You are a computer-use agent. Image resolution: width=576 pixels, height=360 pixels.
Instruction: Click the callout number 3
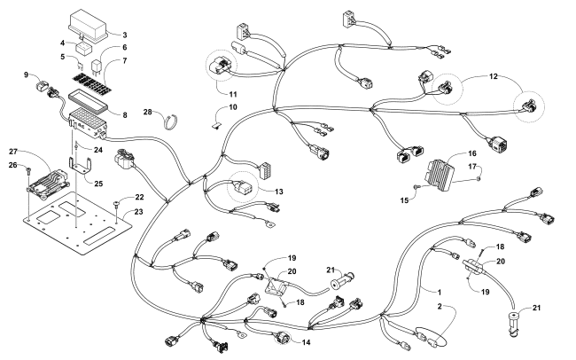125,34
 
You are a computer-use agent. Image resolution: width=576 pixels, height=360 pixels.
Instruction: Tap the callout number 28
149,113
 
